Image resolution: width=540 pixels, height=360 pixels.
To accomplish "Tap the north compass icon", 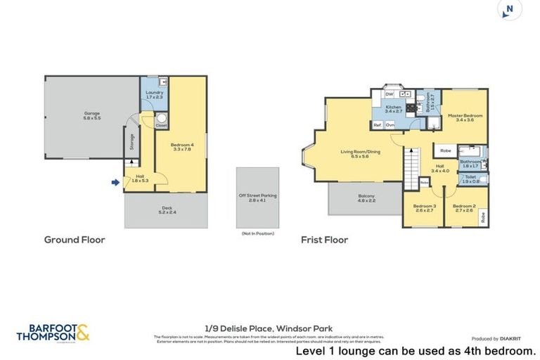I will coord(509,10).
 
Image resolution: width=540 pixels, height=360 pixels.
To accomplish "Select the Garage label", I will coord(93,115).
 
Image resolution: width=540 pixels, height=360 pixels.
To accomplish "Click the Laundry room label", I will coord(154,95).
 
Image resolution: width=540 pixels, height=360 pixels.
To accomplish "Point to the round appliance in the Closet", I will coord(161,119).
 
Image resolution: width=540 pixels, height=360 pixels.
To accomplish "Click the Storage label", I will coord(131,143).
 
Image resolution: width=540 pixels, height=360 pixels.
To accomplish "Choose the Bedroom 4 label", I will coord(181,147).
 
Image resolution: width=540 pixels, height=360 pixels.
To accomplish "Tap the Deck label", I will coord(166,210).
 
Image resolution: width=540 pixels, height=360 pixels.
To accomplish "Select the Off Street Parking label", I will coord(257,198).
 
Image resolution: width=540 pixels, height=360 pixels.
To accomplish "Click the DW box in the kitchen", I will coord(389,94).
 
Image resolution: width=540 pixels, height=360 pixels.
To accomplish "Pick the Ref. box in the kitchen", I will coord(378,124).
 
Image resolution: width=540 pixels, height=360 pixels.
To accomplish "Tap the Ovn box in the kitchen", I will coord(390,124).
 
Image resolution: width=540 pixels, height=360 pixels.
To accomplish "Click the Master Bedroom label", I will coord(465,117).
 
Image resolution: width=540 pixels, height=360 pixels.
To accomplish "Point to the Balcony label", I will coord(366,198).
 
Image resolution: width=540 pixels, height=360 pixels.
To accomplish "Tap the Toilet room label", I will coord(471,180).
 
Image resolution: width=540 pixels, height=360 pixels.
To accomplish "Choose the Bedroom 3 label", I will coord(425,208).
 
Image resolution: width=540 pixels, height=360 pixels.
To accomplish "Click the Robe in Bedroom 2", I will coord(483,217).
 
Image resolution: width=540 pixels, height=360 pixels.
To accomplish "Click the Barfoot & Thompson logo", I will coord(53,333).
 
